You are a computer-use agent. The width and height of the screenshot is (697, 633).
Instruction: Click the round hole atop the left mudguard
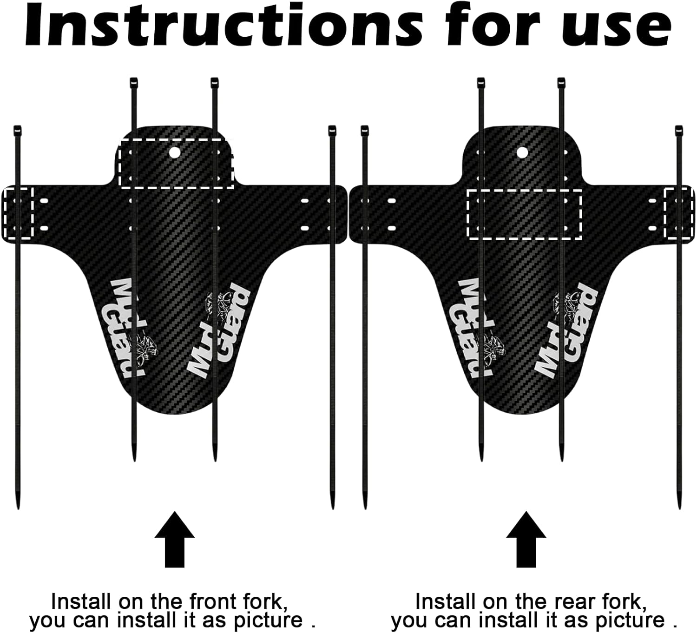click(175, 152)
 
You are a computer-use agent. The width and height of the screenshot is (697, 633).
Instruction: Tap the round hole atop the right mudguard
click(522, 152)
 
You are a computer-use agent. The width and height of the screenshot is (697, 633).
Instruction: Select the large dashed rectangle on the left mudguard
click(177, 163)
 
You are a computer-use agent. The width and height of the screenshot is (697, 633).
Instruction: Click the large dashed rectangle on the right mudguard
click(524, 214)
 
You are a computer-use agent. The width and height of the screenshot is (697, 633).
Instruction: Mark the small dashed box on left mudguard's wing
click(18, 213)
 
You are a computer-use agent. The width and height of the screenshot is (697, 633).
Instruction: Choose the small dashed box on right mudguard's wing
click(679, 213)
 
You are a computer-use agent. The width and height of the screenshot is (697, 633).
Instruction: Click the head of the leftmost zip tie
click(18, 129)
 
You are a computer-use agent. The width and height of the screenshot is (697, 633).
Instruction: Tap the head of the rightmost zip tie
click(679, 129)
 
